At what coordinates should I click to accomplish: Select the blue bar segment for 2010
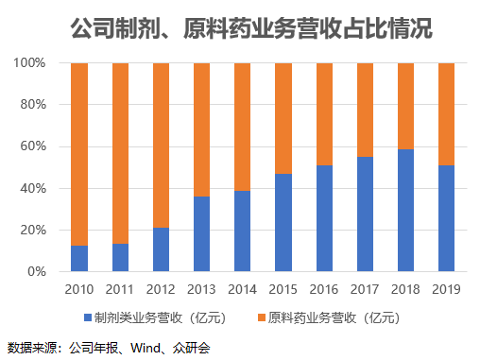pyautogui.click(x=79, y=258)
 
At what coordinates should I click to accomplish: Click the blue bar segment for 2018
pyautogui.click(x=405, y=210)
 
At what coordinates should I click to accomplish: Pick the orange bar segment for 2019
pyautogui.click(x=446, y=113)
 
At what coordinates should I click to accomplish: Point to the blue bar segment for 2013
pyautogui.click(x=201, y=233)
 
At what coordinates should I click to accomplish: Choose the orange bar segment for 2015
pyautogui.click(x=283, y=118)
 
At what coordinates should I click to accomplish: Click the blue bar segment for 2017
pyautogui.click(x=365, y=214)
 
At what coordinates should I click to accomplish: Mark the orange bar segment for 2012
pyautogui.click(x=161, y=146)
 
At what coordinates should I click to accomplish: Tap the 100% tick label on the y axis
pyautogui.click(x=30, y=63)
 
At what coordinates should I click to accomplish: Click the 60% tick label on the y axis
pyautogui.click(x=34, y=146)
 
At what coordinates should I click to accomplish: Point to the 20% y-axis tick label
pyautogui.click(x=34, y=230)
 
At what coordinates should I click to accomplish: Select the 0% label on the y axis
pyautogui.click(x=38, y=272)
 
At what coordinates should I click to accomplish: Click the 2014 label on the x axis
pyautogui.click(x=242, y=289)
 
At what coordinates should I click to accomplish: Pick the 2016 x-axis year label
pyautogui.click(x=323, y=289)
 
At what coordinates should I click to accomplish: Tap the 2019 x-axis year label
pyautogui.click(x=446, y=289)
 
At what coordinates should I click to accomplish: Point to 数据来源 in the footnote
pyautogui.click(x=28, y=347)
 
